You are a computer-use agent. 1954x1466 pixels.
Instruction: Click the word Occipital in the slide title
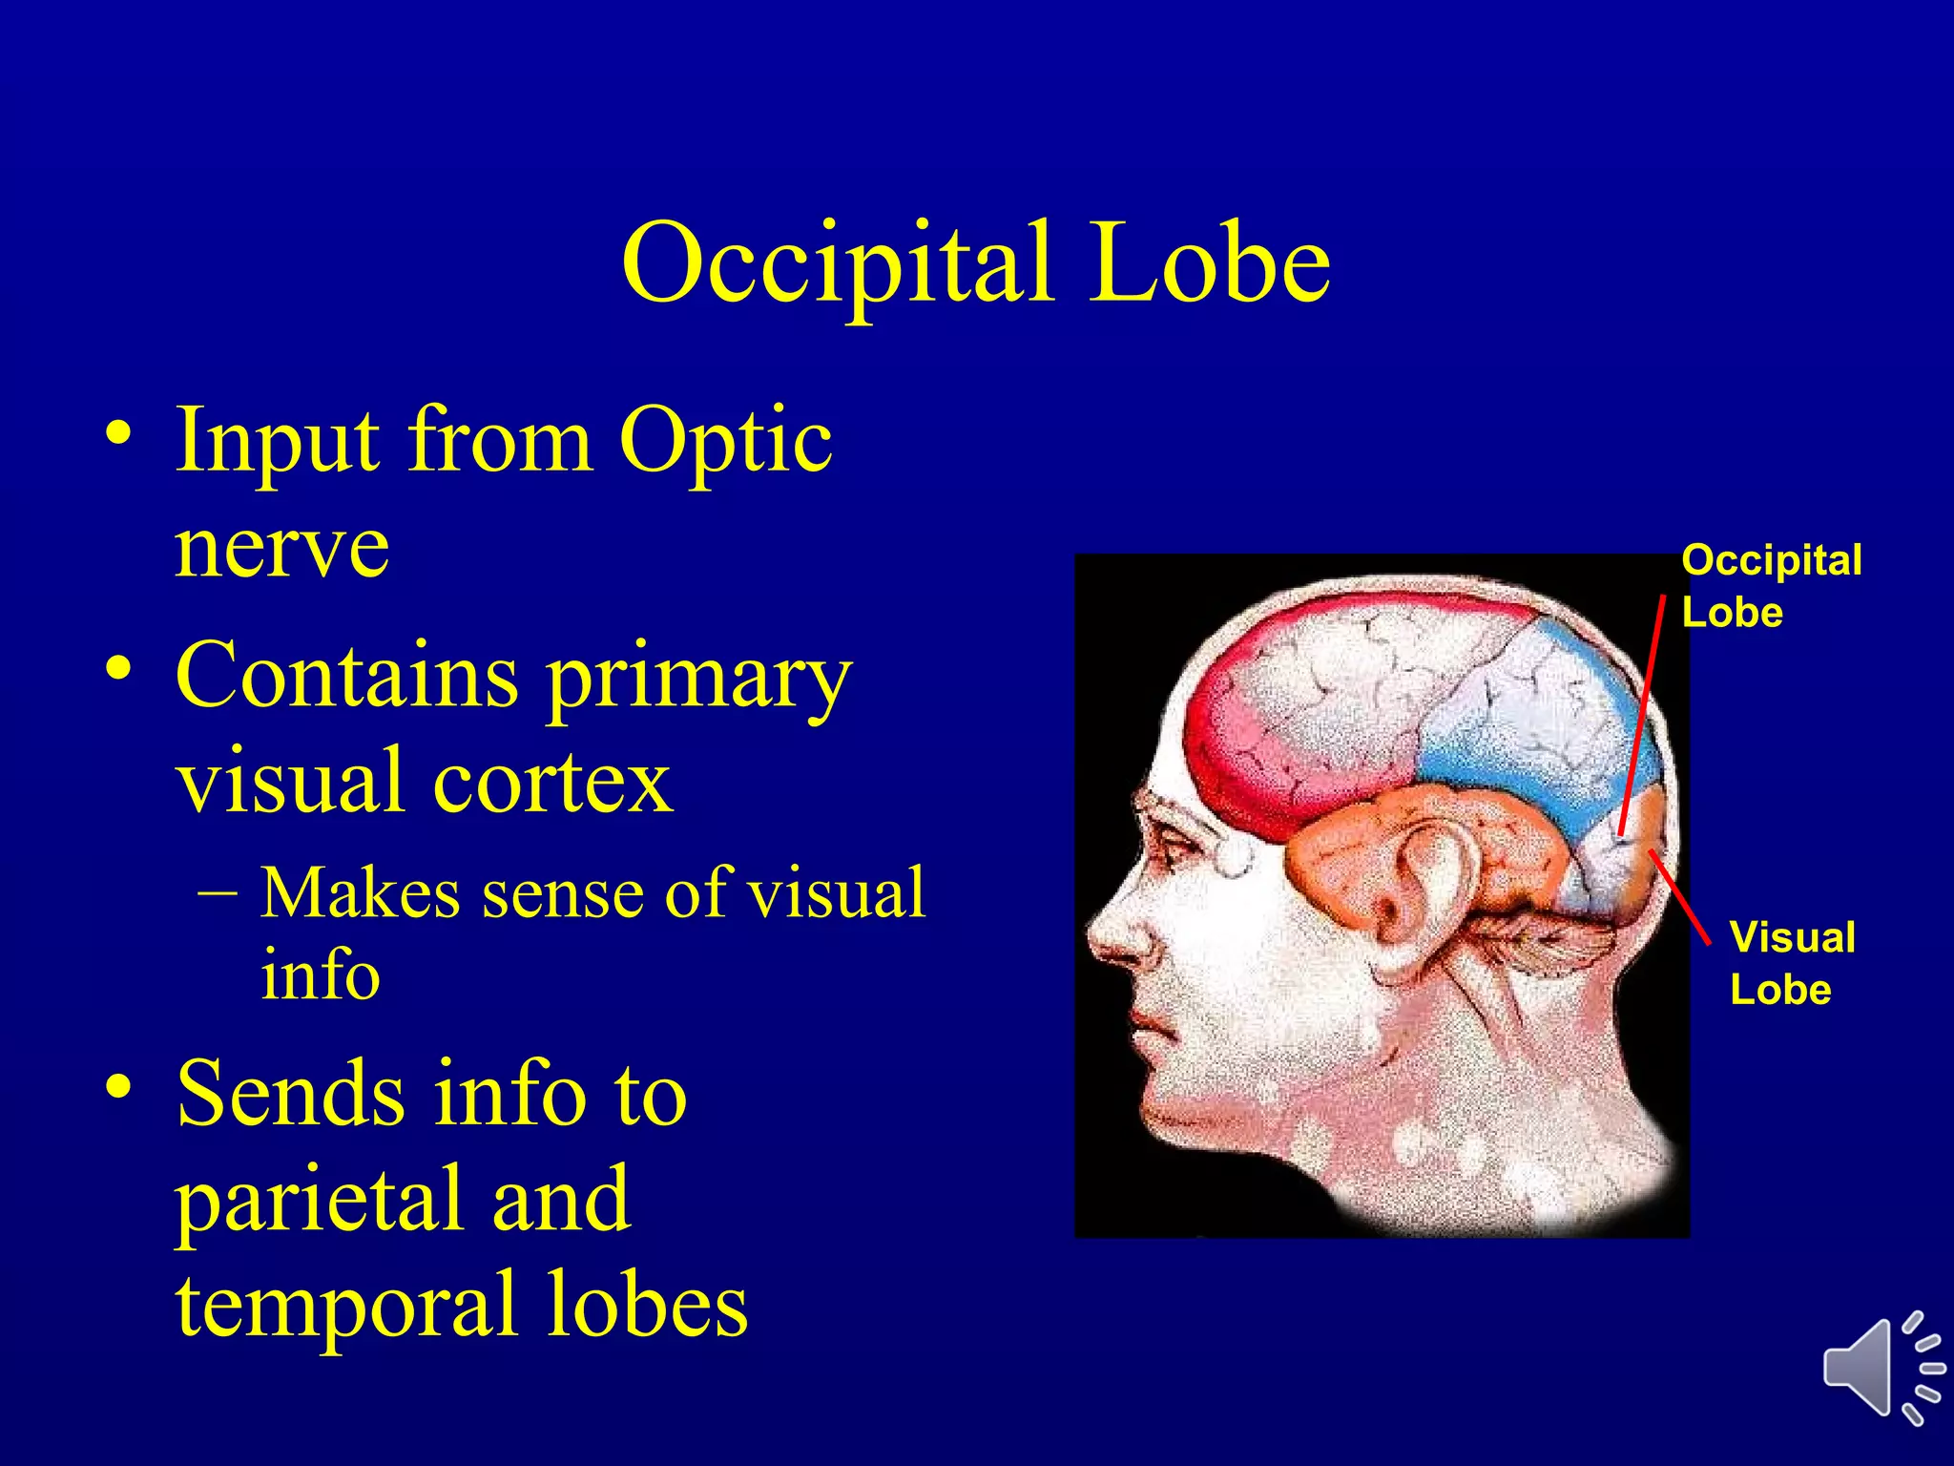tap(838, 265)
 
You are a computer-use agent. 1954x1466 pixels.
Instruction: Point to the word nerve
tap(282, 548)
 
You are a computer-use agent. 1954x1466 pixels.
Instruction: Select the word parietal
tap(321, 1201)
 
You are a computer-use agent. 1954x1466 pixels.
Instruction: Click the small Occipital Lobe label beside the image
tap(1771, 586)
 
